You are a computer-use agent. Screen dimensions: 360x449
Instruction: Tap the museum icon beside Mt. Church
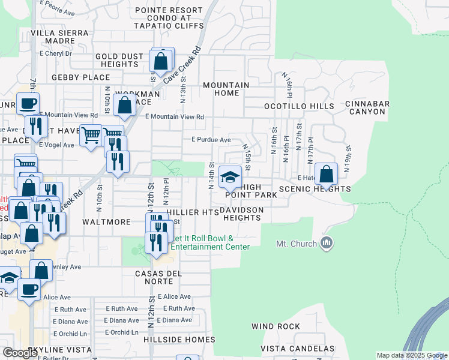tap(327, 243)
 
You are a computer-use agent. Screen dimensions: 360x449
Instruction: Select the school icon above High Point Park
tap(231, 176)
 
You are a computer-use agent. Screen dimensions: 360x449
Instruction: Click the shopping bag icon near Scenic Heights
tap(325, 175)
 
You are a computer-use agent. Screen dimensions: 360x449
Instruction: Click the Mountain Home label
tap(226, 89)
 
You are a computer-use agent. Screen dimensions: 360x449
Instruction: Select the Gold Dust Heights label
tap(119, 60)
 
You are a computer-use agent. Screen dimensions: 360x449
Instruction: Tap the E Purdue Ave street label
tap(211, 140)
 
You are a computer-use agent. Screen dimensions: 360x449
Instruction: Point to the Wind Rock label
tap(276, 326)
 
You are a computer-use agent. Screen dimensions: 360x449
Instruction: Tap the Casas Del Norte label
tap(158, 277)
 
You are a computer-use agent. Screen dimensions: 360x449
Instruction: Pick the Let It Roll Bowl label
tap(207, 242)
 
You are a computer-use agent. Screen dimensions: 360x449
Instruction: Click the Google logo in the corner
tap(20, 353)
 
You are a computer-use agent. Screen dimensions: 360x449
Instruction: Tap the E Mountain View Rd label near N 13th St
tap(175, 117)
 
